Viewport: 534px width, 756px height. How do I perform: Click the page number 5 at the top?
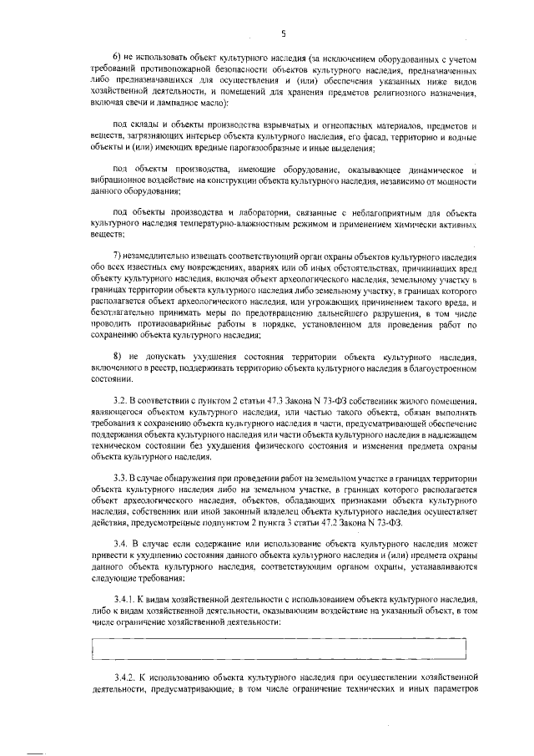click(x=284, y=33)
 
